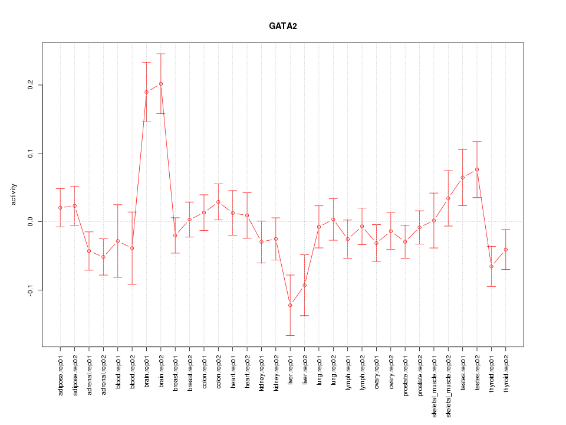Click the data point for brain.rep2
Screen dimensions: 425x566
[161, 84]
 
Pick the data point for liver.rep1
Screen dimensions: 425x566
[290, 305]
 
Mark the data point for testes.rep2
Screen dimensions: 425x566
[477, 169]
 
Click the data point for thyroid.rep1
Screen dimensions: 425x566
[491, 267]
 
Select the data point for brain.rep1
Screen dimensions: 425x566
[146, 92]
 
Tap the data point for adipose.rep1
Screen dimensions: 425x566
[60, 208]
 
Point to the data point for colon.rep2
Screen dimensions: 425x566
[218, 202]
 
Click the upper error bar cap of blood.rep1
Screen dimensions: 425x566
[118, 204]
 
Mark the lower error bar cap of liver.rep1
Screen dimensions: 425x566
[290, 335]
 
